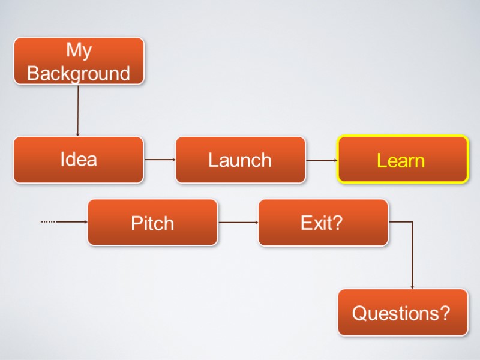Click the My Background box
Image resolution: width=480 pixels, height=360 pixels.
(79, 61)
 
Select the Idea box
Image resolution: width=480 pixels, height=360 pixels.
(79, 160)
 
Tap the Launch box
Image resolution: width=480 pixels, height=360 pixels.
(240, 160)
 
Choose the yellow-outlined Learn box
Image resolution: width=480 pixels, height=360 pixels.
(402, 160)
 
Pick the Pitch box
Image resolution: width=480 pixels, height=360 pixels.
(152, 223)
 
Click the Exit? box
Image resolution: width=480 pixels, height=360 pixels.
(323, 223)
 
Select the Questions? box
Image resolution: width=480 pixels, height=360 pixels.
(403, 313)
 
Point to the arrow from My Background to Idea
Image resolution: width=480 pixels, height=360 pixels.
(77, 110)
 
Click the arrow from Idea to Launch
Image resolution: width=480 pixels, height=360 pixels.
(160, 160)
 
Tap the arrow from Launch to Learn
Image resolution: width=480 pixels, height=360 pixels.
(321, 160)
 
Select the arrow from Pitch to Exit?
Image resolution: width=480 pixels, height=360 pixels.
(238, 222)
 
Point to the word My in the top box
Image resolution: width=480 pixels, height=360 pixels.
(79, 50)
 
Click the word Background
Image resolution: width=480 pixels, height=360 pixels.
(79, 73)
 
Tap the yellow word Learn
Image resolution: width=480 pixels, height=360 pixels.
(401, 161)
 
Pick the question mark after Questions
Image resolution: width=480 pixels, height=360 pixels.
(445, 313)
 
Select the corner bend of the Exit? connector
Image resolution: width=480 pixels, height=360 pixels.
(412, 222)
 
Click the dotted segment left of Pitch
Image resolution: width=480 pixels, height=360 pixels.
(47, 222)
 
